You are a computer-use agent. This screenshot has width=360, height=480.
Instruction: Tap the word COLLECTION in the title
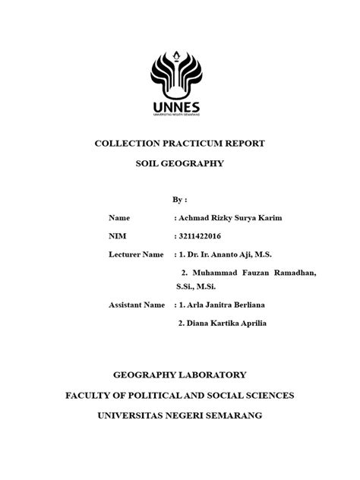point(125,144)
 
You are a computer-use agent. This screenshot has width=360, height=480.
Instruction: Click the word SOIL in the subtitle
point(149,163)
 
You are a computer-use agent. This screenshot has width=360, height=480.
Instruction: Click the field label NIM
point(118,235)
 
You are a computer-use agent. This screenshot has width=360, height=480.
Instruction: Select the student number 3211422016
point(200,235)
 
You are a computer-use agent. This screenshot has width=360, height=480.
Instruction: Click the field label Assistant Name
point(137,305)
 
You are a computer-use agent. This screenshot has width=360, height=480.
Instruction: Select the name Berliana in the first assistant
point(245,305)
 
